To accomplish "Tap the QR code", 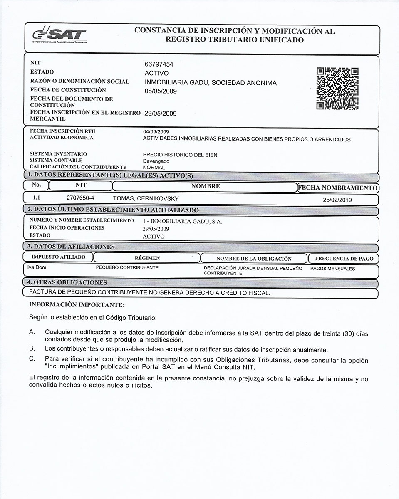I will [337, 89].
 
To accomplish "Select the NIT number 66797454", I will [159, 64].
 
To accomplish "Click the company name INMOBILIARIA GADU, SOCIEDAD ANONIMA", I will [210, 83].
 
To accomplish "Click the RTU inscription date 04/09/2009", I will [156, 132].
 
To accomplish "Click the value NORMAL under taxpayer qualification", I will [154, 167].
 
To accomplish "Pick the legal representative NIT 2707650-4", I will [80, 199].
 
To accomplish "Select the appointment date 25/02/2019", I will [337, 200].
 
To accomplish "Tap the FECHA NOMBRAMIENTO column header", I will [337, 188].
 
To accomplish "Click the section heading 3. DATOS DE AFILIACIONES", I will [71, 247].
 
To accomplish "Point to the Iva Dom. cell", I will [37, 268].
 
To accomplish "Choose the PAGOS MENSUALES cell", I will [332, 269].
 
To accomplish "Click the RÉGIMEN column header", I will [147, 258].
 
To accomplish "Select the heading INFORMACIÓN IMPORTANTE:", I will [77, 305].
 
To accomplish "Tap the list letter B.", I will [32, 348].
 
